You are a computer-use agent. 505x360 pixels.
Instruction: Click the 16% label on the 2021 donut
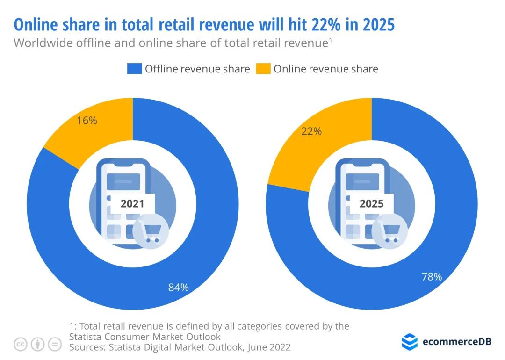tap(87, 121)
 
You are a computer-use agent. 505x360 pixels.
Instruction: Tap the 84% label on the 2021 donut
tap(179, 288)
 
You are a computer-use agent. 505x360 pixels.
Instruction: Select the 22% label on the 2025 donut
tap(312, 131)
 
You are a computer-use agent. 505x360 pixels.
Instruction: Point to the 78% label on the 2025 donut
tap(431, 277)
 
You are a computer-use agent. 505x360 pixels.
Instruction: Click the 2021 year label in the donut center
tap(132, 203)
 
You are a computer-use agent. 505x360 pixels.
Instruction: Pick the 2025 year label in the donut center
tap(371, 203)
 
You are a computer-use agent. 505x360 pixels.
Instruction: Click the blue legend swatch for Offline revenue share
tap(134, 69)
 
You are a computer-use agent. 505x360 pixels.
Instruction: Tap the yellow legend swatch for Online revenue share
tap(264, 69)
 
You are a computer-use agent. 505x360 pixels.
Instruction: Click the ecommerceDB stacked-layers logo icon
tap(410, 341)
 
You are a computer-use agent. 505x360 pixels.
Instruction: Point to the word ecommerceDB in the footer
tap(456, 342)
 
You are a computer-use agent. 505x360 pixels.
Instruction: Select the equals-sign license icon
tap(55, 345)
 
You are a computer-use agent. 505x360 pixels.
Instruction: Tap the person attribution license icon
tap(37, 345)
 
